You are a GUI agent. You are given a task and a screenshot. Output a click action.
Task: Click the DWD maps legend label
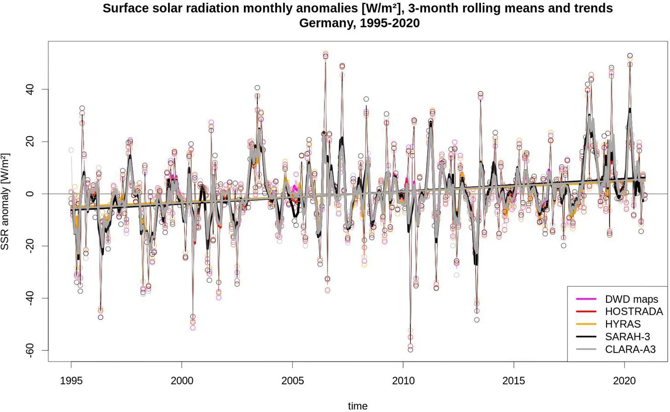pos(631,299)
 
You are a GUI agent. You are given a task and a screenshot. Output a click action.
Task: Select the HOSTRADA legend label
pos(634,312)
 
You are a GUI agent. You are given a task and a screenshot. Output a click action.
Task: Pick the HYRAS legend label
pos(623,324)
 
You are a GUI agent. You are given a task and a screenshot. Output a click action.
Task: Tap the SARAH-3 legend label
pos(627,337)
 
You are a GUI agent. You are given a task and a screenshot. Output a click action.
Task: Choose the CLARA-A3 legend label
pos(630,349)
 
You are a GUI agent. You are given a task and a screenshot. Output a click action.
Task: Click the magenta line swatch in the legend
pos(586,299)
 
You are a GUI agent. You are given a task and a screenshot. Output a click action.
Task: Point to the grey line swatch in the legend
pos(586,349)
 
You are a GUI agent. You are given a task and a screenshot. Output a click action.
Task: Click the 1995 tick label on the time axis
pos(71,381)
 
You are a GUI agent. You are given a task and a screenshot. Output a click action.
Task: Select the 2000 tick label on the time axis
pos(182,381)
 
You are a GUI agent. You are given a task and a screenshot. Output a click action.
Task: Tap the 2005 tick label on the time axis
pos(293,381)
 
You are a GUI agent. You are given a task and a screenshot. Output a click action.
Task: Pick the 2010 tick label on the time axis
pos(403,381)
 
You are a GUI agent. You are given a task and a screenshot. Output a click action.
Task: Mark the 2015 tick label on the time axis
pos(514,381)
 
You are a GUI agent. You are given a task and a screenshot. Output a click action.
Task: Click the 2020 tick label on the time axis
pos(624,381)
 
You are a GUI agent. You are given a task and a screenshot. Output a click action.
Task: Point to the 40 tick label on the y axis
pos(30,89)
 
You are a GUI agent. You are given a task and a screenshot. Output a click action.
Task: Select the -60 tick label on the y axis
pos(30,350)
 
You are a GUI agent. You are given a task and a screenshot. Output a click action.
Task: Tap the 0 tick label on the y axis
pos(30,194)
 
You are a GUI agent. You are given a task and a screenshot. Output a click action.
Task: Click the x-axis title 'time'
pos(358,406)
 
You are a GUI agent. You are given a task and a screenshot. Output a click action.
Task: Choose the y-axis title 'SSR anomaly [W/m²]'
pos(5,202)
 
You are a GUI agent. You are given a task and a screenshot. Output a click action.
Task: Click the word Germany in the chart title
pos(327,23)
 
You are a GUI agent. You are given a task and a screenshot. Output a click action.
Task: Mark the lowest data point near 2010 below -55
pos(410,350)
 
